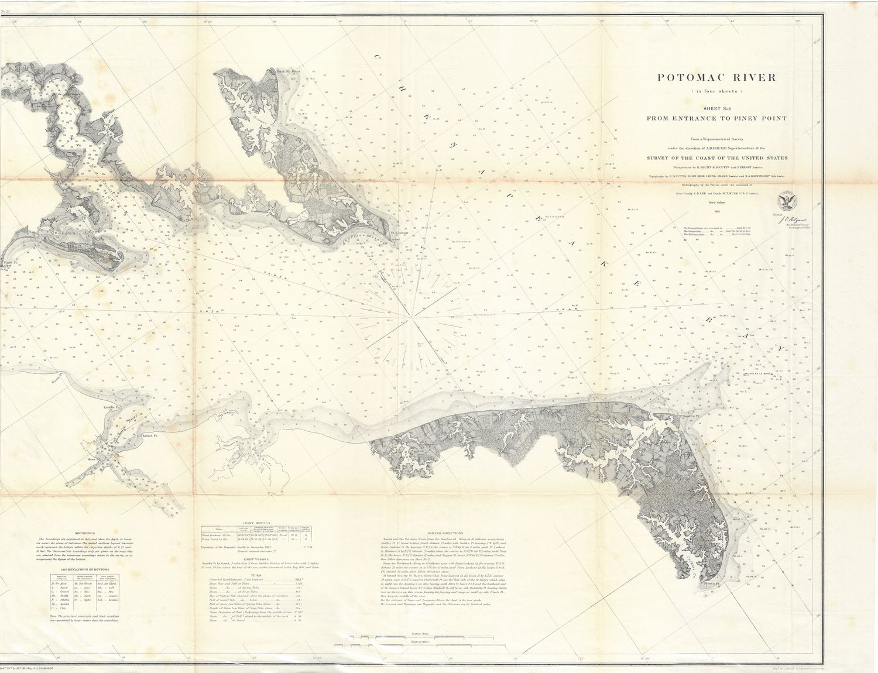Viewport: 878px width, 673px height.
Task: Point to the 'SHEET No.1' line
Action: pos(716,108)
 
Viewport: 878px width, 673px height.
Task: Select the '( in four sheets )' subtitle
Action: pos(716,92)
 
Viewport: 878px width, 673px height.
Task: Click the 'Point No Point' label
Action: pos(284,71)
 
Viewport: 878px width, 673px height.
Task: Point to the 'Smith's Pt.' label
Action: pos(690,414)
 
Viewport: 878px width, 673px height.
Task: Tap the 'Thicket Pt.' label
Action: pos(149,436)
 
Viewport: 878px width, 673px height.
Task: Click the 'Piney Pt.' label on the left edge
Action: pos(8,263)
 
